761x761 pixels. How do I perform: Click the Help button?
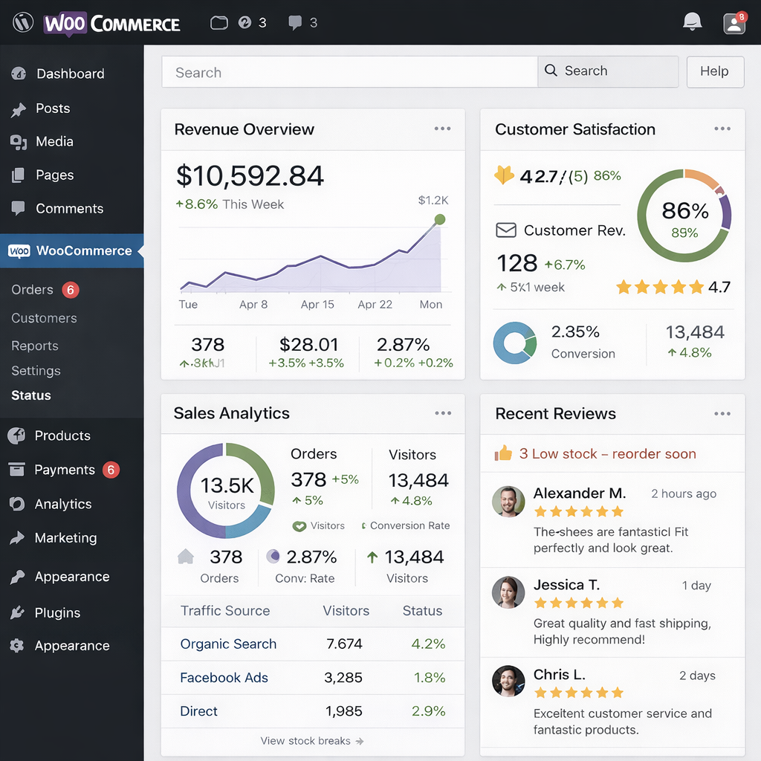click(714, 71)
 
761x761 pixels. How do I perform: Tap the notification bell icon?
click(692, 22)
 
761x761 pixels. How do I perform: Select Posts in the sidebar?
click(52, 109)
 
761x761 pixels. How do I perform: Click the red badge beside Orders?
click(70, 290)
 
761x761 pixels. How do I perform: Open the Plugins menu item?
click(56, 613)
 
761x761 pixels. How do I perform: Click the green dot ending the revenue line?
click(439, 219)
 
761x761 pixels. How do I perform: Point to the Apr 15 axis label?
click(317, 305)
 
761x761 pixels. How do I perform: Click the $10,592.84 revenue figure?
click(250, 176)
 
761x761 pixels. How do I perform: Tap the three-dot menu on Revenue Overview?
click(443, 129)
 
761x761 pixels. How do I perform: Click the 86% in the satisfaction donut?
click(684, 211)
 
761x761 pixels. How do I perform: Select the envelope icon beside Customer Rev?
click(506, 230)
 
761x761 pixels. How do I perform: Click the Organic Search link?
click(228, 644)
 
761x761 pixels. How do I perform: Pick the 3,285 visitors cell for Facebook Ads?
click(343, 678)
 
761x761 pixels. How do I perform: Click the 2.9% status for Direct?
click(428, 711)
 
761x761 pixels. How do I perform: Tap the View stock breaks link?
click(311, 741)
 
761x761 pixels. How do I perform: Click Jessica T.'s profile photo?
click(508, 592)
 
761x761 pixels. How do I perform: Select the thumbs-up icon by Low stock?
click(504, 453)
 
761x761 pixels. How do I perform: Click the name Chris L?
click(559, 675)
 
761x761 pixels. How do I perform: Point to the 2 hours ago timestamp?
click(684, 493)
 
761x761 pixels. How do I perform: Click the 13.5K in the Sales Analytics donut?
click(227, 486)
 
